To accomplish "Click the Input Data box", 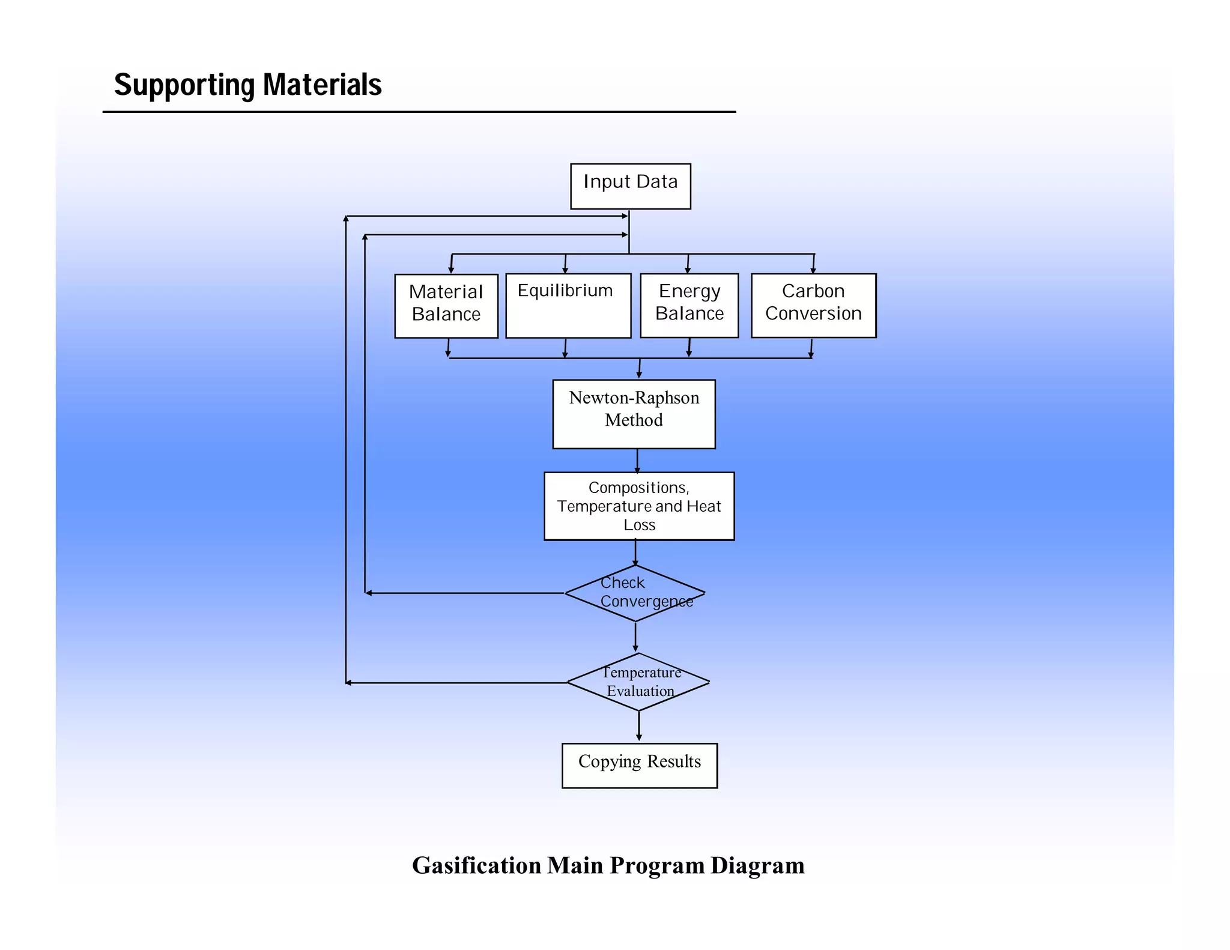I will pos(630,186).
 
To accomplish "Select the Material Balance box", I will pos(446,306).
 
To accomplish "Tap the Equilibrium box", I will pos(568,306).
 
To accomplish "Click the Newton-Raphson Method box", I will pos(634,414).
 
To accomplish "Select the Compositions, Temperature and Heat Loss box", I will pos(639,506).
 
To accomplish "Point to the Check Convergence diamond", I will pos(635,593).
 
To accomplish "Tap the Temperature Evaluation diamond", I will pos(638,682).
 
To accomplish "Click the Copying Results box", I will pos(640,766).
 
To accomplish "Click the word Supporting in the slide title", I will pos(184,85).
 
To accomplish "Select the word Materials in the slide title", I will pos(323,85).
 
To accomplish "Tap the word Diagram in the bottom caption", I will pos(757,865).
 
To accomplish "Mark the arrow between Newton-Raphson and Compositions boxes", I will pos(637,461).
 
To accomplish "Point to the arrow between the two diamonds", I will pos(635,637).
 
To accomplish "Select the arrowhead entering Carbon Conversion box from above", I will pos(813,271).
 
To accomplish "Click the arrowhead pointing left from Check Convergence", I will pos(369,593).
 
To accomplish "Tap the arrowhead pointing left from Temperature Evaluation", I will pos(349,683).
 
